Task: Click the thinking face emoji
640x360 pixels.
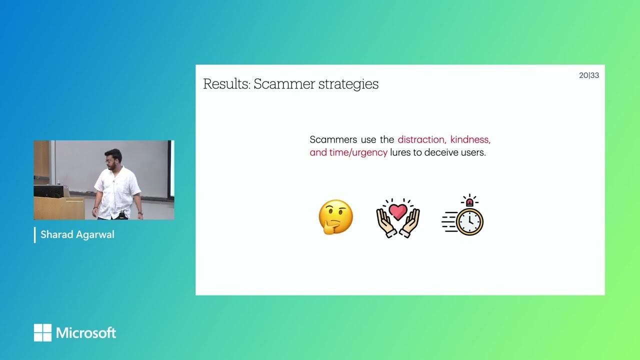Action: pos(335,217)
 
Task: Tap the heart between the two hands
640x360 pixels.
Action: pos(398,212)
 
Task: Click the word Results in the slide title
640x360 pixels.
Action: pos(225,84)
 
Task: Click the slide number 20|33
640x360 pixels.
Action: pos(588,75)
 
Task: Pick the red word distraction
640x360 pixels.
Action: pos(421,139)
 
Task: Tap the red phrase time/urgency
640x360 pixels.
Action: pos(358,152)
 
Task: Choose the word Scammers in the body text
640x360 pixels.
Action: pos(332,139)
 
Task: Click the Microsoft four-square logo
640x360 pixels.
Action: pos(42,332)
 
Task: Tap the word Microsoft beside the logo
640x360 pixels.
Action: pos(86,333)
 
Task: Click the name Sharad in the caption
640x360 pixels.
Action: pos(56,234)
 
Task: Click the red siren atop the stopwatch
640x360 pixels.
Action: pos(469,201)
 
